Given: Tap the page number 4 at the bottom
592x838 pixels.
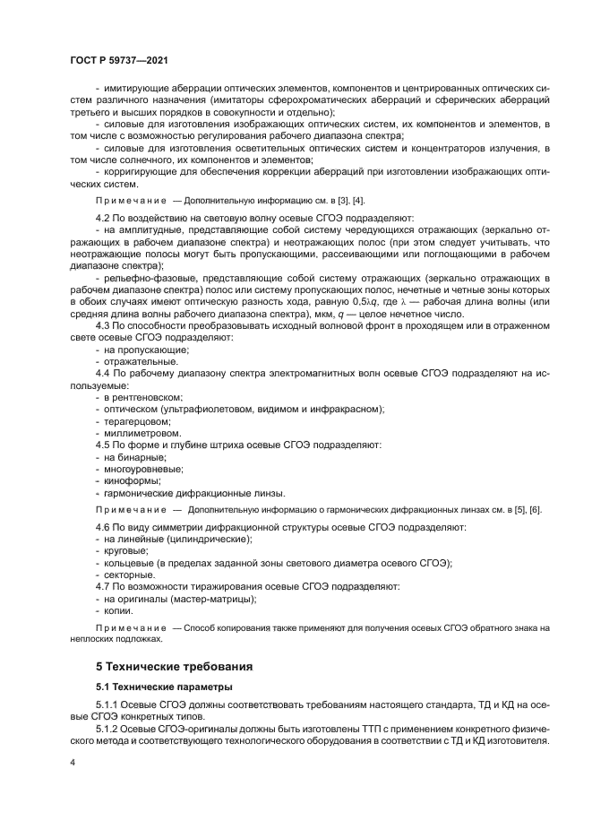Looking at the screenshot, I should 72,762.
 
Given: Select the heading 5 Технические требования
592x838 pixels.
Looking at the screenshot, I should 175,666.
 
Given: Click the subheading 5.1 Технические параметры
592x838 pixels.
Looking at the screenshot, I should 166,687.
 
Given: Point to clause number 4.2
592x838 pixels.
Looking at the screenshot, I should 104,218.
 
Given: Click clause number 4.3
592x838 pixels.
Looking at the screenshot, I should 104,325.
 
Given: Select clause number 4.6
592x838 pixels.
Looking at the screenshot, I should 104,528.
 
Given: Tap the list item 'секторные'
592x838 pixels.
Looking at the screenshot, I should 130,574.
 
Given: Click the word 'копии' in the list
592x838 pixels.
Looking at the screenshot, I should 119,610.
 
